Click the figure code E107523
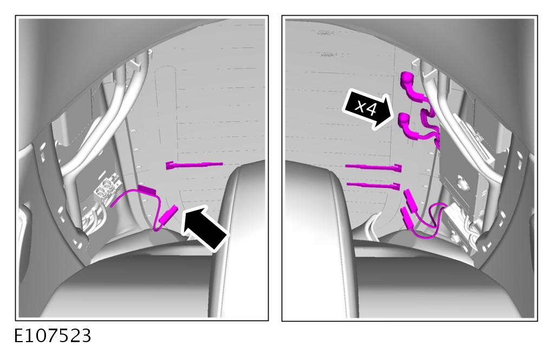point(53,336)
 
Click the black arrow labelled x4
point(368,109)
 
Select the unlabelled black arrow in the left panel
point(204,227)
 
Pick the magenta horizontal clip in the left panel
point(194,165)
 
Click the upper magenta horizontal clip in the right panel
point(374,167)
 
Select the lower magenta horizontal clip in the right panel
point(374,186)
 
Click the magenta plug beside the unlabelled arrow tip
point(168,214)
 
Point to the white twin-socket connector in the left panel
point(107,187)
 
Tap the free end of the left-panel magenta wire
point(112,206)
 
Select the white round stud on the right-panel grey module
point(460,181)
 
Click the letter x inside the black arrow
point(360,105)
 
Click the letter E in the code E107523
point(19,336)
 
